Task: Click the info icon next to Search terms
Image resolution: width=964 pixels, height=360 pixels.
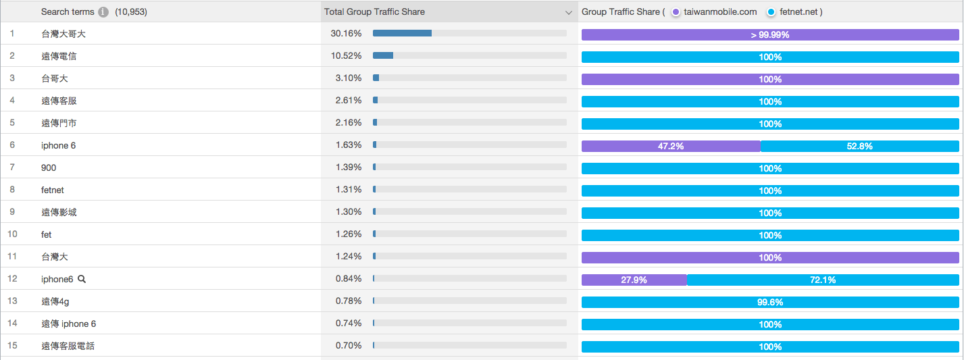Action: pos(103,12)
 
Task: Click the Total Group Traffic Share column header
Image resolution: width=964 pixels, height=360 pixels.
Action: pos(374,12)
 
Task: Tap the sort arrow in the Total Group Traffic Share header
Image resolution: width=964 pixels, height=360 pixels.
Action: pos(569,12)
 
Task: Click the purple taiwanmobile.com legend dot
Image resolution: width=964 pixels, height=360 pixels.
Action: pos(675,12)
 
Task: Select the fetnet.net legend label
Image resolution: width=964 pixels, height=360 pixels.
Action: pos(798,12)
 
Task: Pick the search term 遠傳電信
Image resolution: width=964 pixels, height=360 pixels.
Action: pos(59,56)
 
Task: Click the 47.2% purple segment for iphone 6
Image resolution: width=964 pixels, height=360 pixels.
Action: pos(670,146)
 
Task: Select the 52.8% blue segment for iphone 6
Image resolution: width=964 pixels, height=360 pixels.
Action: pos(859,146)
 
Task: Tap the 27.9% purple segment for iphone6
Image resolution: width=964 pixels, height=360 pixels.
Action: pos(634,280)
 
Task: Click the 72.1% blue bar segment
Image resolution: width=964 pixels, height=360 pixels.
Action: pos(823,280)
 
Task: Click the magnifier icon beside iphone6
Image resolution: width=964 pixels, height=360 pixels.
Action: pos(82,279)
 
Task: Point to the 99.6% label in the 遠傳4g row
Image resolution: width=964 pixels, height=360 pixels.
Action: pos(770,302)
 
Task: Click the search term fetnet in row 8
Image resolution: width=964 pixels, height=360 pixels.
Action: pos(53,190)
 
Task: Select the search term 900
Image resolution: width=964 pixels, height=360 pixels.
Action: pos(49,168)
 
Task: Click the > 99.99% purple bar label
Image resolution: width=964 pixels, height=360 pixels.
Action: pos(770,35)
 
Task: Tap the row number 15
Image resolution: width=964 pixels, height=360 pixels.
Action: pos(12,346)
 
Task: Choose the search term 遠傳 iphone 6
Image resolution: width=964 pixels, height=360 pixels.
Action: pos(68,324)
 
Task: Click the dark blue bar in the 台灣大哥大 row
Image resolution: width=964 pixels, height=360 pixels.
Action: pos(402,33)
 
